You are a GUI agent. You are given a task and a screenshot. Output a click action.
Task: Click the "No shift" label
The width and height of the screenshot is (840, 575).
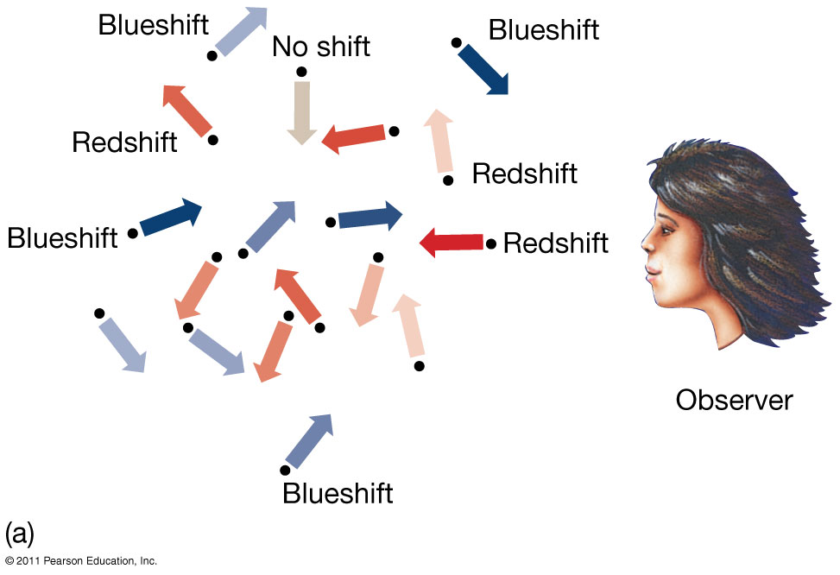click(320, 46)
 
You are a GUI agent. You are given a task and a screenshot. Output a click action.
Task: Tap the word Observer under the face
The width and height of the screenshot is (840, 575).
click(734, 400)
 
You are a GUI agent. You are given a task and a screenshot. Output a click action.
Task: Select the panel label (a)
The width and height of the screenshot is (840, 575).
click(19, 532)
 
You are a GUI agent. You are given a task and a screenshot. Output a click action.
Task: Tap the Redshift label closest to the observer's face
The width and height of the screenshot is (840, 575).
click(555, 243)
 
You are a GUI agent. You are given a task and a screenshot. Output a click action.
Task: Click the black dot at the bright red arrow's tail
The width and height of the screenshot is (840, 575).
click(491, 244)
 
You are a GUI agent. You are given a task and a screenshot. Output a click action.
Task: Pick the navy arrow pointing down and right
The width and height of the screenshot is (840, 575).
click(483, 68)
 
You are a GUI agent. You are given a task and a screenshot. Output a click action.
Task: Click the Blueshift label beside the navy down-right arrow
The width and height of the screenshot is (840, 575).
click(543, 29)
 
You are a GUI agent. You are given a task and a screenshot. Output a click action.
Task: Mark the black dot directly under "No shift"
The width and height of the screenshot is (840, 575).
click(300, 72)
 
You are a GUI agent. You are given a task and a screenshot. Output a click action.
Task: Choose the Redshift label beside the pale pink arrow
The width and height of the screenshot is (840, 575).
click(524, 173)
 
